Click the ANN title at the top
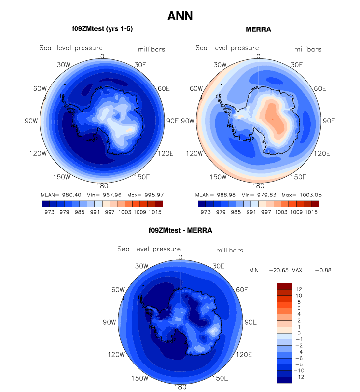click(x=180, y=16)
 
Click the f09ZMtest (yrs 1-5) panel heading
click(x=102, y=29)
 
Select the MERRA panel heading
click(x=258, y=29)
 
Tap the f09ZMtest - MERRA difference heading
click(x=180, y=230)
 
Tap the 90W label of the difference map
click(x=109, y=322)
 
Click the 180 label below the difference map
click(x=180, y=387)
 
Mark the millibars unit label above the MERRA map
click(x=308, y=49)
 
